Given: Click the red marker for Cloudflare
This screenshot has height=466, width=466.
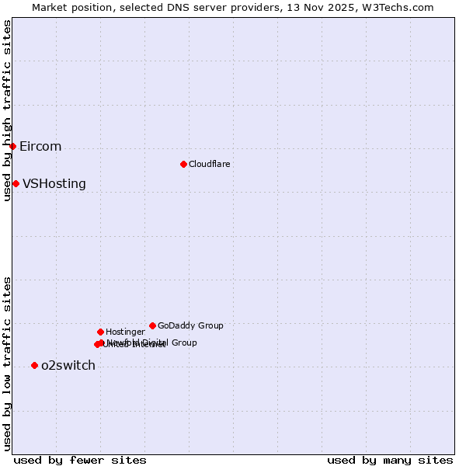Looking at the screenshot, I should [183, 164].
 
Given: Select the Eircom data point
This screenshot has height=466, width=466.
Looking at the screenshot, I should [12, 146].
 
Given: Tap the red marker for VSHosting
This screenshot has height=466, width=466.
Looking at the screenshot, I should [16, 183].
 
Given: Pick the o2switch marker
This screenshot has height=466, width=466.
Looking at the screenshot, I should [34, 365].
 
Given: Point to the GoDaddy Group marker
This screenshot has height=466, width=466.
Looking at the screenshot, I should [152, 325].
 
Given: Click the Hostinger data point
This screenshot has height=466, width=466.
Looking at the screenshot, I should [100, 332].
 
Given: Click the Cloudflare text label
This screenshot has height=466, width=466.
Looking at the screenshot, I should [210, 164].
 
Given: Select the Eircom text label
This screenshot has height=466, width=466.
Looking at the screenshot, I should [40, 147].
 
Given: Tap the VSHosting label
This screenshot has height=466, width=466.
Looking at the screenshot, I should [54, 184].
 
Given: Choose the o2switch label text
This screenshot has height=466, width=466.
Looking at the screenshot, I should [68, 366].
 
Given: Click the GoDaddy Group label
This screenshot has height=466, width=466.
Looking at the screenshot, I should [190, 326].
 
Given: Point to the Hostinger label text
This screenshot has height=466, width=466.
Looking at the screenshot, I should [125, 332].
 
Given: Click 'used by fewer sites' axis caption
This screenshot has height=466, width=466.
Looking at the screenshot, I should [80, 461].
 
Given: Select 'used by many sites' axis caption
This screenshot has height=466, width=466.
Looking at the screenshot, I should [390, 461].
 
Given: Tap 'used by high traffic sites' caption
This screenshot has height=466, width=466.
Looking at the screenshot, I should [7, 110].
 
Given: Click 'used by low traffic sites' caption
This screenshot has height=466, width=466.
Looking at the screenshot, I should [7, 363].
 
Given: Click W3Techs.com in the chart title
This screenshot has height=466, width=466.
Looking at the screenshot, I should [399, 7].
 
